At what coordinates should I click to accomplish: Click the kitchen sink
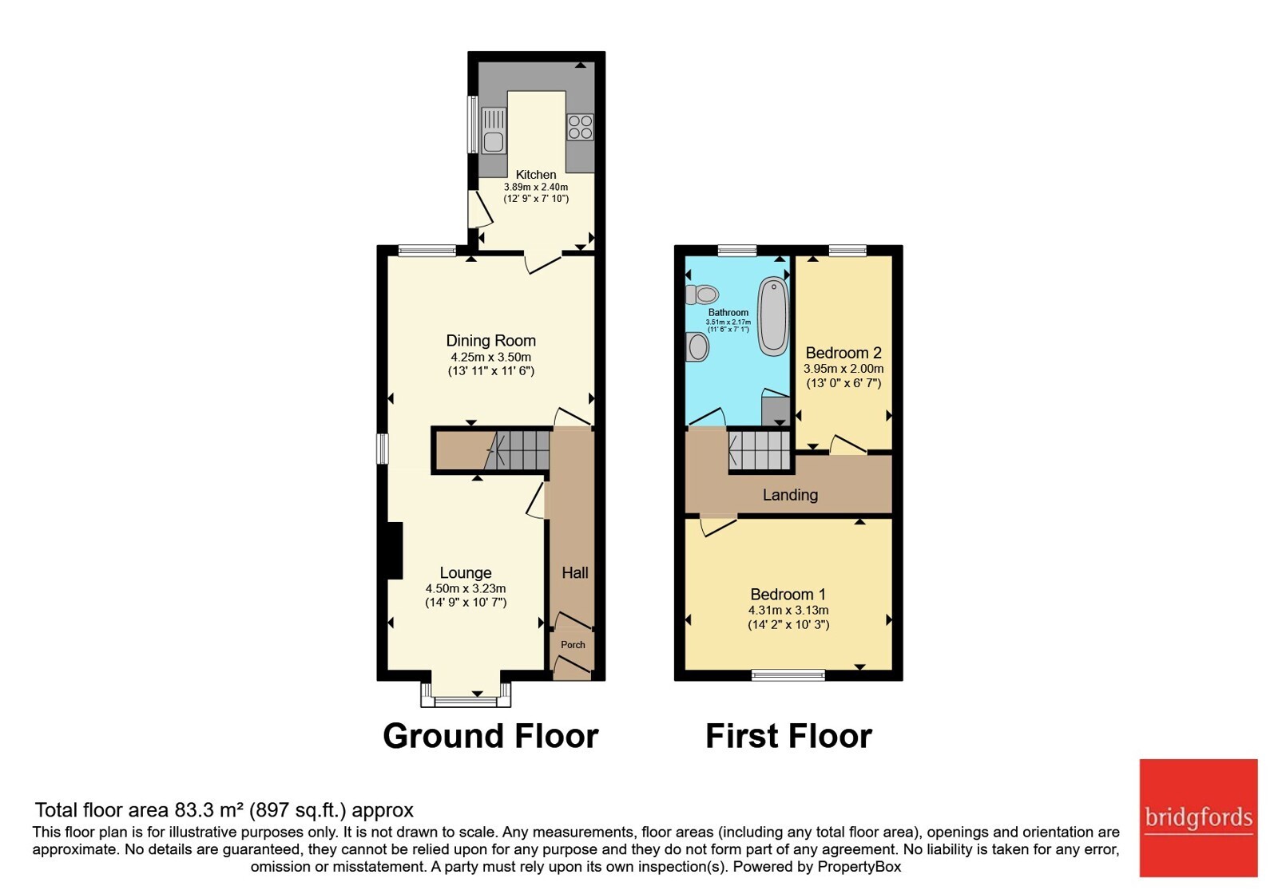(x=494, y=131)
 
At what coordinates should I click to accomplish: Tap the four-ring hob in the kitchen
(x=580, y=127)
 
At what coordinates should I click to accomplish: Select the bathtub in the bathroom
(x=773, y=316)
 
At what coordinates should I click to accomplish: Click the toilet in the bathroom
(x=702, y=295)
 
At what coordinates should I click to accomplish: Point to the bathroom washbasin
(x=697, y=346)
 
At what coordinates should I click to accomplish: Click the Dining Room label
(x=490, y=341)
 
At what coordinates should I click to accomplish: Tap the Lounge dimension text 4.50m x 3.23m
(x=466, y=588)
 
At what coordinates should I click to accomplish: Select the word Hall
(x=574, y=573)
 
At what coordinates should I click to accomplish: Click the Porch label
(x=573, y=645)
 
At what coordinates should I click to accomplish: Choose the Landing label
(x=790, y=495)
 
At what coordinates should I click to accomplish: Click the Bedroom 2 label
(x=843, y=353)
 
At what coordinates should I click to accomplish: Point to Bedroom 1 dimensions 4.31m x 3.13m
(x=788, y=610)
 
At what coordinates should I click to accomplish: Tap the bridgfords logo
(x=1198, y=817)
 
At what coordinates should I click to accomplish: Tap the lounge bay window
(x=466, y=695)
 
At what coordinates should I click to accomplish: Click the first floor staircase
(x=759, y=450)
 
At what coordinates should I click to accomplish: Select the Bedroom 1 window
(x=788, y=675)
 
